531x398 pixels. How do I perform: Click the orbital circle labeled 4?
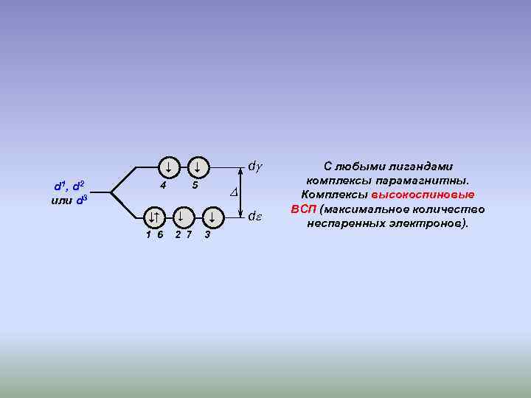point(168,167)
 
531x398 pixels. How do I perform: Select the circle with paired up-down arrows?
point(153,217)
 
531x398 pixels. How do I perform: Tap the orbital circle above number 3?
point(212,217)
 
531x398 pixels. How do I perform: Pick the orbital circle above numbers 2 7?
point(181,217)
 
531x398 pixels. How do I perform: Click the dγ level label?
point(254,167)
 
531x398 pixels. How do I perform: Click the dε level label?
point(255,217)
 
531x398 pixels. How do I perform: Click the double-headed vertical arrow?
point(243,192)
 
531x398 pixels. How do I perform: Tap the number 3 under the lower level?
point(207,235)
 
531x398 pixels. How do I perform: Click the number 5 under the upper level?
point(194,184)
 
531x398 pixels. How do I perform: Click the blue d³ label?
point(80,200)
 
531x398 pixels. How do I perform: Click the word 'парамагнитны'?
point(423,181)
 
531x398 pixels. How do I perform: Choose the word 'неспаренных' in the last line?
point(344,223)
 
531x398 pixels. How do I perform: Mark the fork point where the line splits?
point(111,193)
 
